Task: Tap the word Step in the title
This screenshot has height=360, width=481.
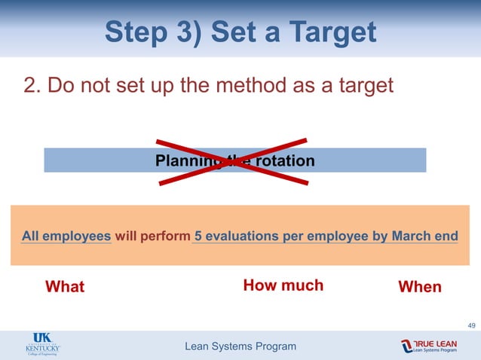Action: coord(136,32)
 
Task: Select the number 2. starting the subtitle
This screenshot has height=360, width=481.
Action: coord(32,85)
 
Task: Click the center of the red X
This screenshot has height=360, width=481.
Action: coord(232,160)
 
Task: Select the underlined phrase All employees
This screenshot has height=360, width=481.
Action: coord(66,236)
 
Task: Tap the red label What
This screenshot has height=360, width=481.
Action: coord(65,287)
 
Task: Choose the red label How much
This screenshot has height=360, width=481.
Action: coord(283,285)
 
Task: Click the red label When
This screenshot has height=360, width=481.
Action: coord(419,287)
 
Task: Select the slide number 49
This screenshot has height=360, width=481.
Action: coord(471,325)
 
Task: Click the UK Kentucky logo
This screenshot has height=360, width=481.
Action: coord(43,346)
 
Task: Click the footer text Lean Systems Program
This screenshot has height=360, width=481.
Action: coord(240,346)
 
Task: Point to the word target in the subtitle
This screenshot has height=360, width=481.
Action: coord(364,85)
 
